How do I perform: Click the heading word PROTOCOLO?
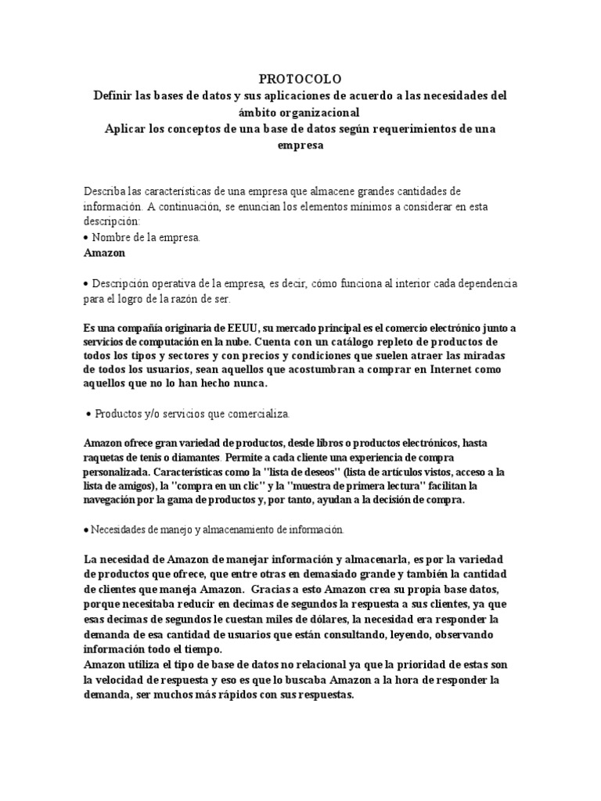[300, 80]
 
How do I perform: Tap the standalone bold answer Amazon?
[104, 253]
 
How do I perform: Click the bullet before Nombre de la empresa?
[85, 237]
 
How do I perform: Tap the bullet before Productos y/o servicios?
[88, 413]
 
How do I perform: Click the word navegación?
[114, 501]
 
